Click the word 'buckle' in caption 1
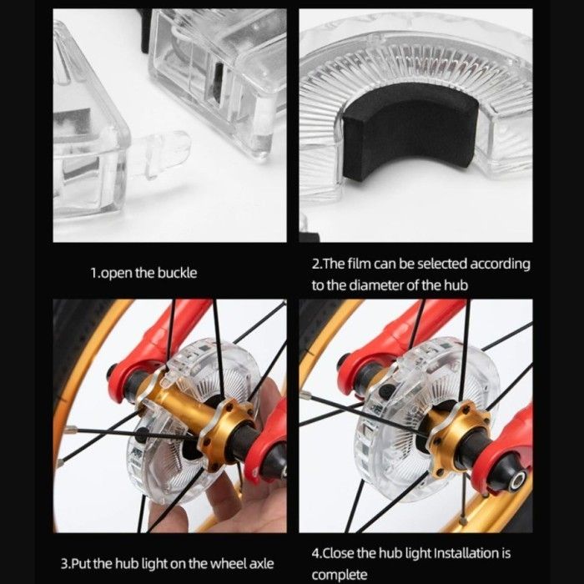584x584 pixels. coord(177,273)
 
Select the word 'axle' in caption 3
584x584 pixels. coord(260,563)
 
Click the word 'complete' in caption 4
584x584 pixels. coord(340,575)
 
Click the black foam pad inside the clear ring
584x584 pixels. coord(410,131)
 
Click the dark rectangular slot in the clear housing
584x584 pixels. coord(219,83)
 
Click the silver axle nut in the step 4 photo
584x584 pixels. coord(516,481)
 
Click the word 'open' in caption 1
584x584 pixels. coord(117,274)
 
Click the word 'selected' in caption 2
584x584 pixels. coord(441,264)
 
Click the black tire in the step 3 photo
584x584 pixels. coord(72,358)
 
